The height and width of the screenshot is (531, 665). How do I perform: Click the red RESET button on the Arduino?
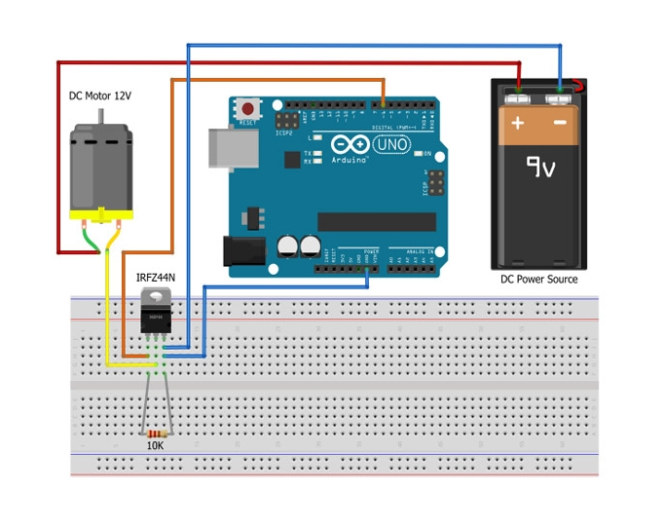249,108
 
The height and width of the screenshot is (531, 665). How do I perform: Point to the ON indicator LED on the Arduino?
416,154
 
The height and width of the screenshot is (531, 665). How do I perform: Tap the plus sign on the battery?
518,124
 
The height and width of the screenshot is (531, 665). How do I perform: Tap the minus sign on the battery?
560,124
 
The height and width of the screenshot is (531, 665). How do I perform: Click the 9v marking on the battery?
540,168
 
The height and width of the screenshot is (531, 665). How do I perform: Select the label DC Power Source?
538,280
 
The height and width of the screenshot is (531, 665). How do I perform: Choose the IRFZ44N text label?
156,280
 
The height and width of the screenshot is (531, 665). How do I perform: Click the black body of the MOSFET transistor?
156,318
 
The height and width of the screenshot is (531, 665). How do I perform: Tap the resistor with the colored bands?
156,433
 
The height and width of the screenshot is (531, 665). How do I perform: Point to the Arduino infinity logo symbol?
351,143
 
